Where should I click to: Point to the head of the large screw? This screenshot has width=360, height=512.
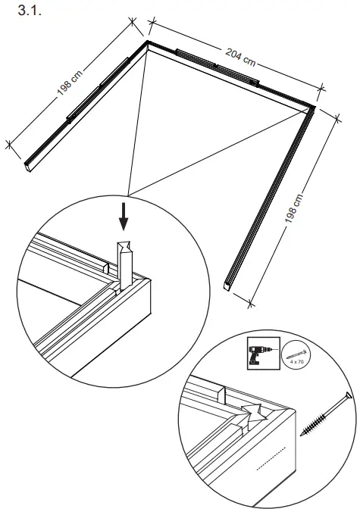[346, 395]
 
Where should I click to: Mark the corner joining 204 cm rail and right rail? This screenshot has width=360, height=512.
[312, 111]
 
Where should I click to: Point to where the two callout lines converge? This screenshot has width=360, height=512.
[130, 192]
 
